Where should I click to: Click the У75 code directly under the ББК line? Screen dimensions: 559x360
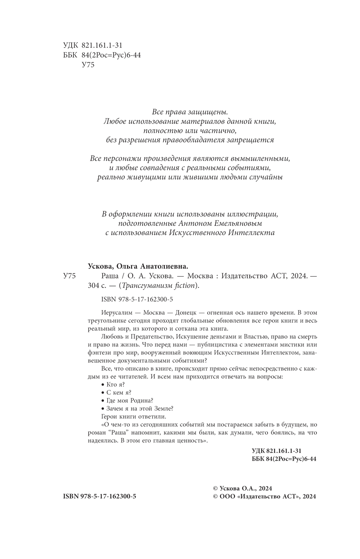88,65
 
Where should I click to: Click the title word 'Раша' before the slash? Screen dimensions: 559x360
105,276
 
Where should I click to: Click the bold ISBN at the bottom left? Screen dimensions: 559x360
100,496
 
